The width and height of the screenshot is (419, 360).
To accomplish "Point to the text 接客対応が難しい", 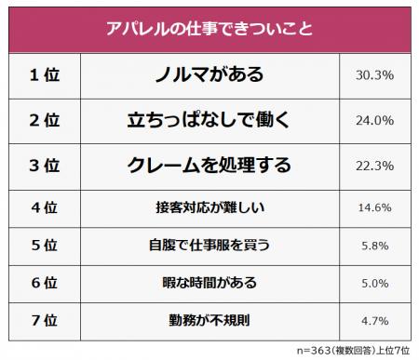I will tap(207, 207).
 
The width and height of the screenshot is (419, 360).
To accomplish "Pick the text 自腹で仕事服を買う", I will tap(207, 246).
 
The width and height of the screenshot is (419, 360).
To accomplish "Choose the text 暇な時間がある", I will tap(207, 284).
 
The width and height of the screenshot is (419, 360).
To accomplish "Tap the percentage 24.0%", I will tap(373, 120).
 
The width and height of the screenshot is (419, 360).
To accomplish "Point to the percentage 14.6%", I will tap(373, 207).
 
